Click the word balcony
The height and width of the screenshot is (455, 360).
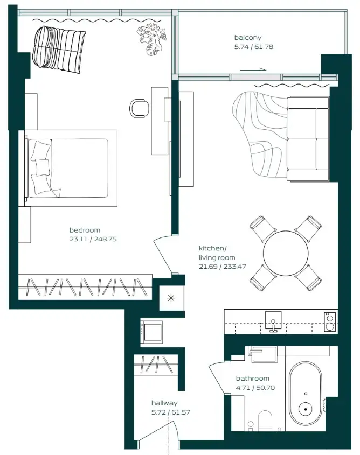[248, 38]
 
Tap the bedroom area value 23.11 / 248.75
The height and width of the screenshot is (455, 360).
[92, 239]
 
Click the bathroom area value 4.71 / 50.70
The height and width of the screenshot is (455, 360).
[253, 387]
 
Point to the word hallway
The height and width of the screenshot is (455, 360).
[164, 403]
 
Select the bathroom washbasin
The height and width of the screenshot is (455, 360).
[263, 354]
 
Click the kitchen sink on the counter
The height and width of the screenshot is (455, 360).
[273, 321]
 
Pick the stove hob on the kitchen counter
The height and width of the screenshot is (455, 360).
[329, 321]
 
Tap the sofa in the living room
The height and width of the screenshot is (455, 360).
[308, 138]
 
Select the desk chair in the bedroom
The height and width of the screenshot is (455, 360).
[139, 108]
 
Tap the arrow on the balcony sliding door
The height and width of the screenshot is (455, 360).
[253, 69]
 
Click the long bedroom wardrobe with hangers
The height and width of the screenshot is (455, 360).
[85, 286]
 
